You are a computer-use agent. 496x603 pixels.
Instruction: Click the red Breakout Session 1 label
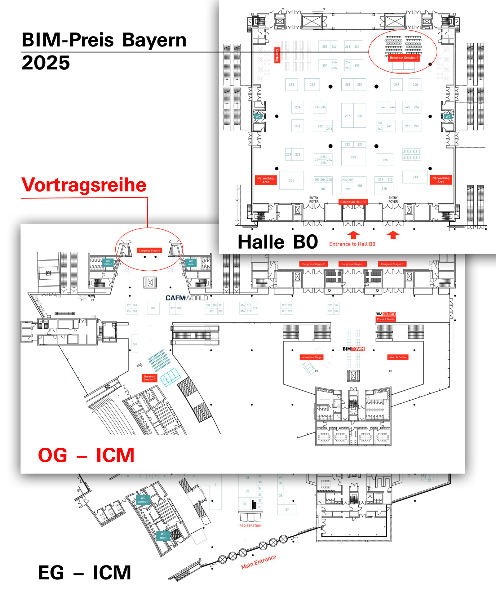coord(404,58)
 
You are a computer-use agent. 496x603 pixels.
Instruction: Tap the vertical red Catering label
coord(277,55)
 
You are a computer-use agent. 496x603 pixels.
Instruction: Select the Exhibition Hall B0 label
coord(353,202)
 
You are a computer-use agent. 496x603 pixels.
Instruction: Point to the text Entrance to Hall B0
coord(352,244)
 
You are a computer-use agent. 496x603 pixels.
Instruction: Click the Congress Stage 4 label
coord(149,251)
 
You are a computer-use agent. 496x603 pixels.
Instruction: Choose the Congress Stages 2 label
coord(313,264)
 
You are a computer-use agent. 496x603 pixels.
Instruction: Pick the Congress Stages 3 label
coord(392,264)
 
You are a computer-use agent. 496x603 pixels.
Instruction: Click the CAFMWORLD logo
coord(187,298)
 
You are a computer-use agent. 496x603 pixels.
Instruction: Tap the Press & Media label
coord(386,319)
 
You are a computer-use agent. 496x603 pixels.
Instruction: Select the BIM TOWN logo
coord(353,349)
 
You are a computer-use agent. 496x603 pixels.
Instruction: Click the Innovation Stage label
coord(311,357)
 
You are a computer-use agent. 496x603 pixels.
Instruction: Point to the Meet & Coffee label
coord(398,357)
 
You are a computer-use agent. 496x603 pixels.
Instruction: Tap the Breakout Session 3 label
coord(149,378)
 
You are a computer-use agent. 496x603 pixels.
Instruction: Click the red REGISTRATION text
coord(250,526)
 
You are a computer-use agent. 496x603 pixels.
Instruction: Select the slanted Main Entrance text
coord(259,562)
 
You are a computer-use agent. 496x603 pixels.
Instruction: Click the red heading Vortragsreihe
coord(84,185)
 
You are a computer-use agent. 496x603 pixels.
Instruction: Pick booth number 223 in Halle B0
coord(353,157)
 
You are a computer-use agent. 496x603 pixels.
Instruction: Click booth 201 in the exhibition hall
coord(291,180)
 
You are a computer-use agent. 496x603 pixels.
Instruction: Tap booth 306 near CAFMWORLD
coord(153,308)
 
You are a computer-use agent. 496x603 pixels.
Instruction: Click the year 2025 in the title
coord(46,63)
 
